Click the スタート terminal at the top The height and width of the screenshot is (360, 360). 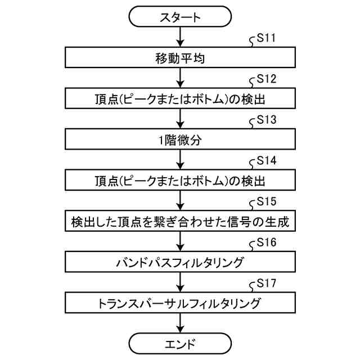click(x=180, y=17)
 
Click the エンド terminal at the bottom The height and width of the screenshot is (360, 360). click(x=180, y=343)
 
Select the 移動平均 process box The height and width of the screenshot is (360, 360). click(x=180, y=57)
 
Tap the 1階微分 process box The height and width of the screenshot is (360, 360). click(x=180, y=140)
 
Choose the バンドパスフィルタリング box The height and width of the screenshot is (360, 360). click(x=180, y=262)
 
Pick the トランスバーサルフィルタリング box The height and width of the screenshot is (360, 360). click(x=180, y=303)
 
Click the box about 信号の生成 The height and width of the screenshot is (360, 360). click(x=180, y=222)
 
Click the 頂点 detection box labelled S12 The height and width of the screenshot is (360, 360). click(x=180, y=99)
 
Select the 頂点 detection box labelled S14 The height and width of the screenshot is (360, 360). click(x=180, y=181)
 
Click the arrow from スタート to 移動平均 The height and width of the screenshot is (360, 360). click(x=180, y=37)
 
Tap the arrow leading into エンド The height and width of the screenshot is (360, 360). click(x=180, y=323)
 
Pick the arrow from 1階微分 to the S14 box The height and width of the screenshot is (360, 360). click(x=180, y=160)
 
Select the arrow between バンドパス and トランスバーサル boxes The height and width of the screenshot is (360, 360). click(x=180, y=282)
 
